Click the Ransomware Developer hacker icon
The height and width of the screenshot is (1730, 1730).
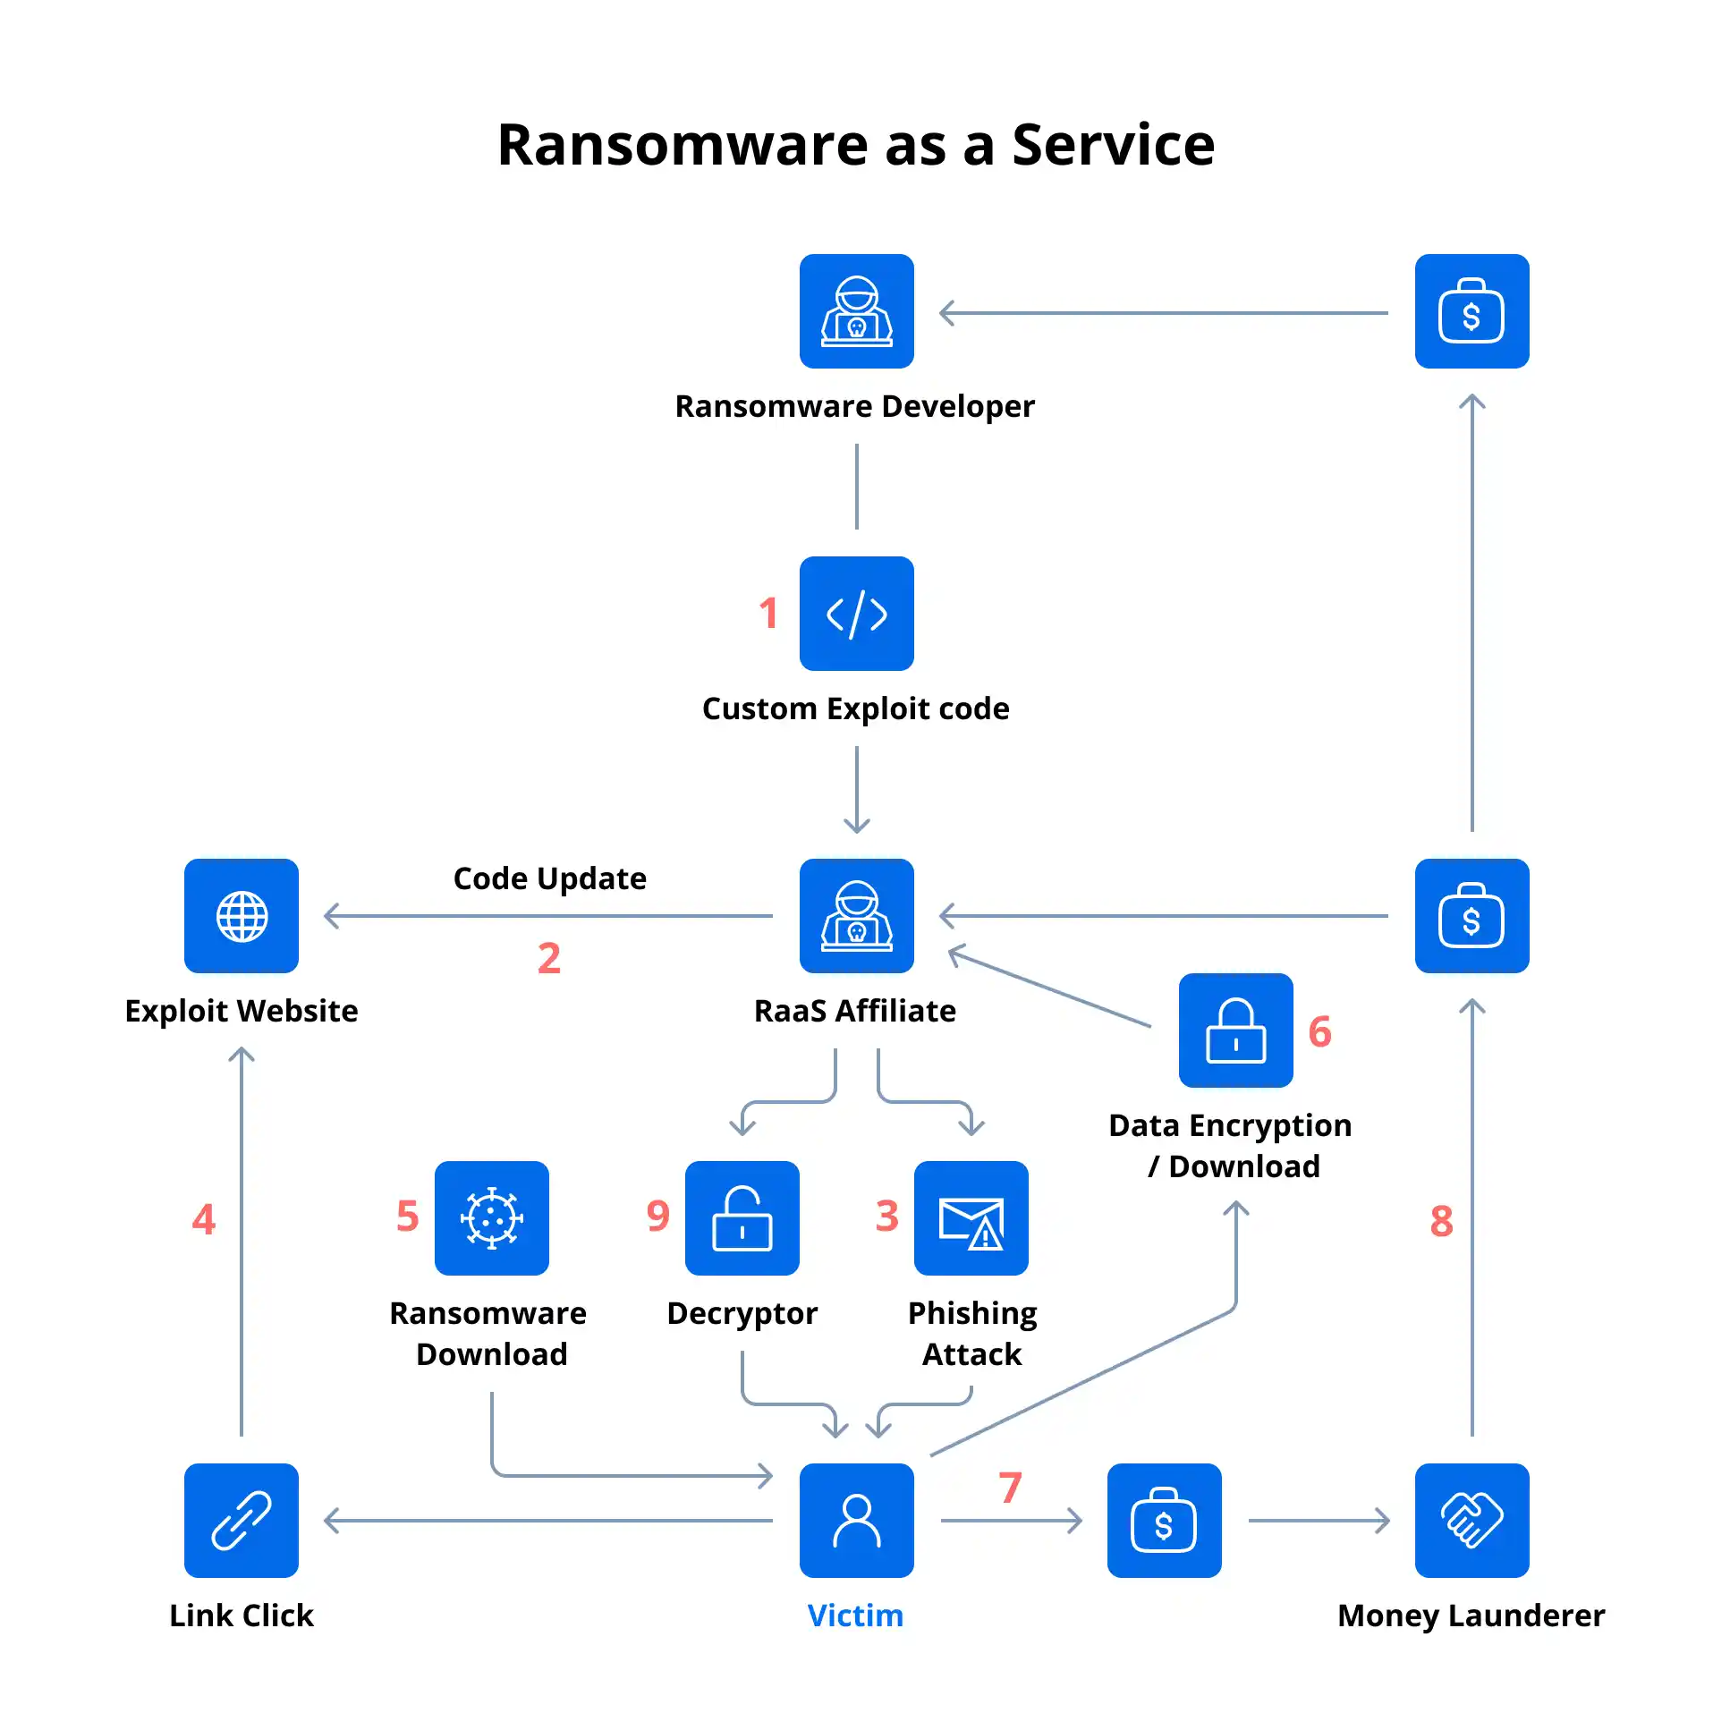coord(856,310)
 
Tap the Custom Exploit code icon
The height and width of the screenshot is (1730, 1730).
coord(856,614)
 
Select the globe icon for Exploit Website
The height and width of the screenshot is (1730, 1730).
coord(241,915)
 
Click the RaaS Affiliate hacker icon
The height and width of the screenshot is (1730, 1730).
coord(856,915)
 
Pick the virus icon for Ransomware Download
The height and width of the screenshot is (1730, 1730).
coord(492,1217)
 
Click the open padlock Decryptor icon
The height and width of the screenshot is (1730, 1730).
coord(742,1217)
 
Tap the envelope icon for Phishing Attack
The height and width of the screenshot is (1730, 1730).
coord(971,1217)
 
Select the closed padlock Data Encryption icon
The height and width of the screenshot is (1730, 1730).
coord(1235,1030)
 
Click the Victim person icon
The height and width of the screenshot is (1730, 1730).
coord(856,1520)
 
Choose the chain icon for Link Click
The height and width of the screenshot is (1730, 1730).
coord(241,1520)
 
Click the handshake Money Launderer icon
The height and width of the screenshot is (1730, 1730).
coord(1471,1520)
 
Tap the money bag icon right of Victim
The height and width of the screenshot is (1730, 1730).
coord(1164,1520)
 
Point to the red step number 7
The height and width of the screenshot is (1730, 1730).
coord(1010,1488)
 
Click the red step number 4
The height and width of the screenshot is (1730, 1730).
coord(203,1218)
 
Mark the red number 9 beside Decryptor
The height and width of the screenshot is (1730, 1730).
coord(657,1215)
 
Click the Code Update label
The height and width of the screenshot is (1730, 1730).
coord(550,878)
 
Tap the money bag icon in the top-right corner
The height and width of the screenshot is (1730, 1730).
coord(1471,310)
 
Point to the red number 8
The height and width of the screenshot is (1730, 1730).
coord(1441,1220)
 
